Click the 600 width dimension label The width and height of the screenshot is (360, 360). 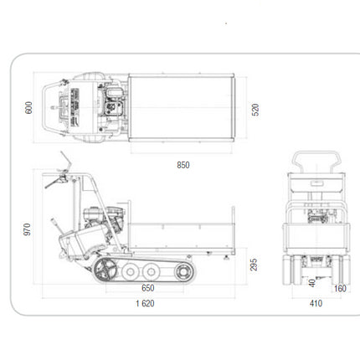pos(28,108)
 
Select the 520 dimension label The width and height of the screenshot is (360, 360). pos(255,110)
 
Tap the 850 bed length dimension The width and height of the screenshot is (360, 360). pos(183,165)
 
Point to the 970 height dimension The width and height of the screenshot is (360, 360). pos(27,229)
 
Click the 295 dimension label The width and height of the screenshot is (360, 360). pos(254,265)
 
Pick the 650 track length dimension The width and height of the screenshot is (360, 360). pos(148,288)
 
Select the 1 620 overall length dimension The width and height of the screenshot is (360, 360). pos(145,303)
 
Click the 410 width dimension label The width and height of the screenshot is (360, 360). pos(316,303)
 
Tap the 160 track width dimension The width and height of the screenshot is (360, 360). pos(340,289)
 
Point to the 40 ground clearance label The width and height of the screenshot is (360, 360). pos(312,283)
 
